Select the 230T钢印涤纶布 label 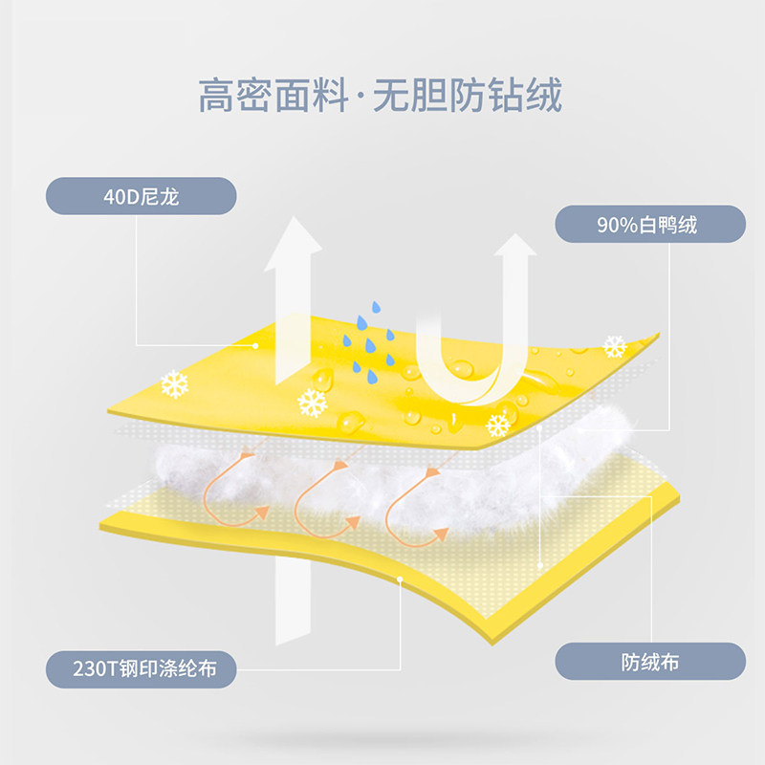pos(142,667)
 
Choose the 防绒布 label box pos(650,661)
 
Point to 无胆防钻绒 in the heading pos(469,96)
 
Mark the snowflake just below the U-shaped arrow pos(498,424)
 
